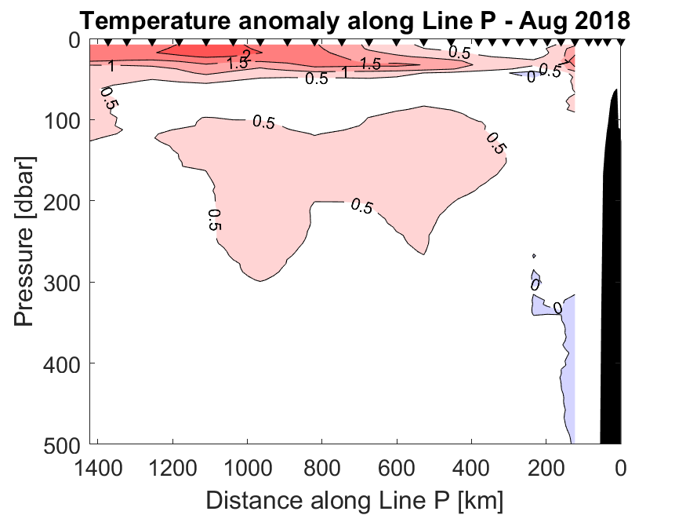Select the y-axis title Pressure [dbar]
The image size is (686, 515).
click(26, 240)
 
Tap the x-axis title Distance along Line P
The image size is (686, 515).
click(354, 499)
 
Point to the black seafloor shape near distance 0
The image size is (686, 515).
click(612, 275)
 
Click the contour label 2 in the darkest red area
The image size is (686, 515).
click(245, 54)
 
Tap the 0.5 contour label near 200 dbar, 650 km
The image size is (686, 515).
click(361, 206)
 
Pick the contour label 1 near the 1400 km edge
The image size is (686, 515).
click(111, 67)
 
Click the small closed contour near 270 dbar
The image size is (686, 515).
click(534, 255)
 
